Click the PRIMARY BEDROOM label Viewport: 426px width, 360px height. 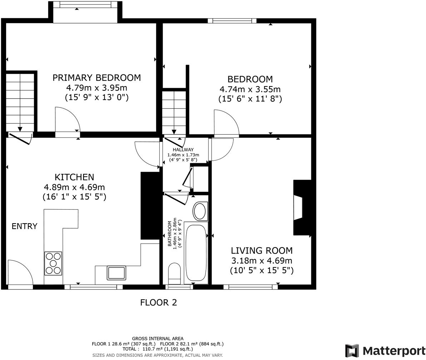click(x=96, y=77)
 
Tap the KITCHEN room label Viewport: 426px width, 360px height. click(x=74, y=177)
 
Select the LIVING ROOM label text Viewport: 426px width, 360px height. click(x=262, y=250)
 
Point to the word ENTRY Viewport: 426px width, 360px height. click(x=24, y=226)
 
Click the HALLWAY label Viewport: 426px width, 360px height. click(x=183, y=150)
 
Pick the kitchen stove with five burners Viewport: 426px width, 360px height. click(x=53, y=263)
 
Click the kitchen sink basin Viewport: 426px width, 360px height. click(x=116, y=273)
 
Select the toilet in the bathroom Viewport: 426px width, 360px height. click(x=174, y=272)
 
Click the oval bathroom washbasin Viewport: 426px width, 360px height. click(x=200, y=211)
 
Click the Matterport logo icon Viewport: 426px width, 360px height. click(x=352, y=351)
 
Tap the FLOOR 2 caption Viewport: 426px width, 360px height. click(x=158, y=302)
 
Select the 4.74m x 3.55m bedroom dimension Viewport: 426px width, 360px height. click(x=250, y=89)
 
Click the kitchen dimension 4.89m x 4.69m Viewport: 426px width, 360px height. click(x=74, y=187)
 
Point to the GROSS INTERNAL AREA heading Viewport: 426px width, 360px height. click(x=158, y=338)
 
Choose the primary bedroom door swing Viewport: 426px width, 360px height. click(x=67, y=120)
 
